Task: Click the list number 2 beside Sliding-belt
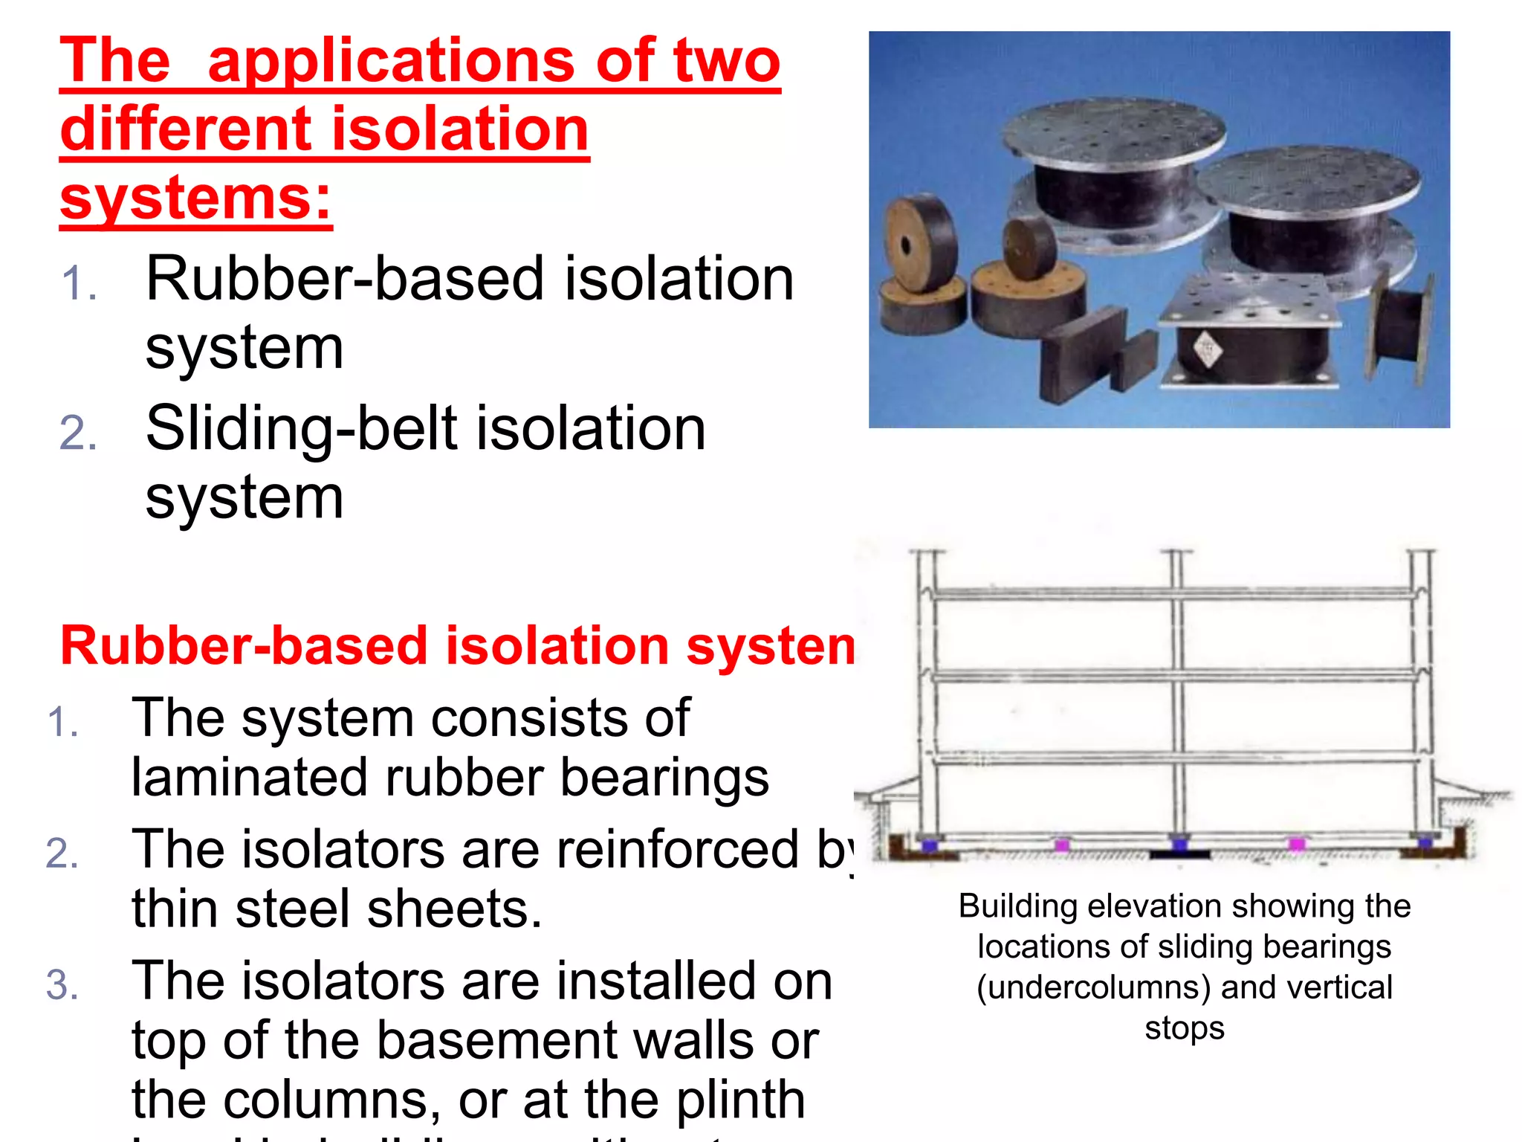78,433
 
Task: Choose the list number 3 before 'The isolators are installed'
62,985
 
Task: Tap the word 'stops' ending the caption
1184,1028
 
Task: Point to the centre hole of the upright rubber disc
905,246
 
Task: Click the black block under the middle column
1180,855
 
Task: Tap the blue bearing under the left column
928,845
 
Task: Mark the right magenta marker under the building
1297,844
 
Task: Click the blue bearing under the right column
1424,843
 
